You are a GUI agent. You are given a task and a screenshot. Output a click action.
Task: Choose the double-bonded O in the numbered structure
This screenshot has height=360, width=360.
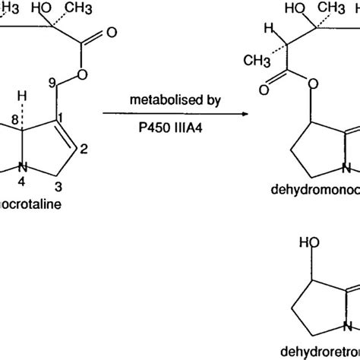[x=112, y=34]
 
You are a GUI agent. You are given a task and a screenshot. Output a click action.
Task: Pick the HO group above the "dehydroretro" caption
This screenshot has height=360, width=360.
[x=302, y=264]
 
